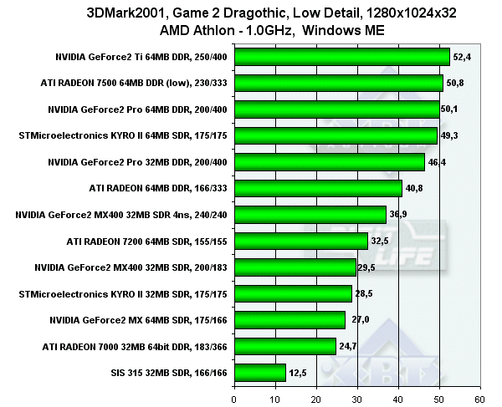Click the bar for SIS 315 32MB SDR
click(x=261, y=372)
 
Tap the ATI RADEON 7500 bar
click(x=340, y=83)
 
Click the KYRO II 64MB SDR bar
click(x=336, y=135)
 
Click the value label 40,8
click(x=415, y=188)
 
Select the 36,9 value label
click(x=399, y=215)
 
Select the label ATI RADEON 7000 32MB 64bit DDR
click(x=136, y=346)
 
